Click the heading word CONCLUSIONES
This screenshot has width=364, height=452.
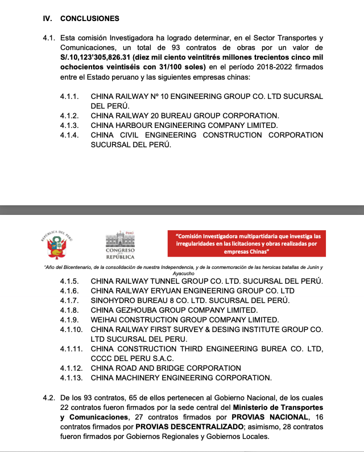click(x=89, y=18)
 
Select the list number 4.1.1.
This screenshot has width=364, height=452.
click(x=69, y=97)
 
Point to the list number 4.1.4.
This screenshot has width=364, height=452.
click(x=69, y=135)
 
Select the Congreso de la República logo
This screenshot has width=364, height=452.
click(x=119, y=245)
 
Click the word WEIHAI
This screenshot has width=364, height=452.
click(x=106, y=320)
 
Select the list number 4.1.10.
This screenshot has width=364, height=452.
click(x=71, y=329)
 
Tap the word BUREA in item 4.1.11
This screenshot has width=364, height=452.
click(x=267, y=349)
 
